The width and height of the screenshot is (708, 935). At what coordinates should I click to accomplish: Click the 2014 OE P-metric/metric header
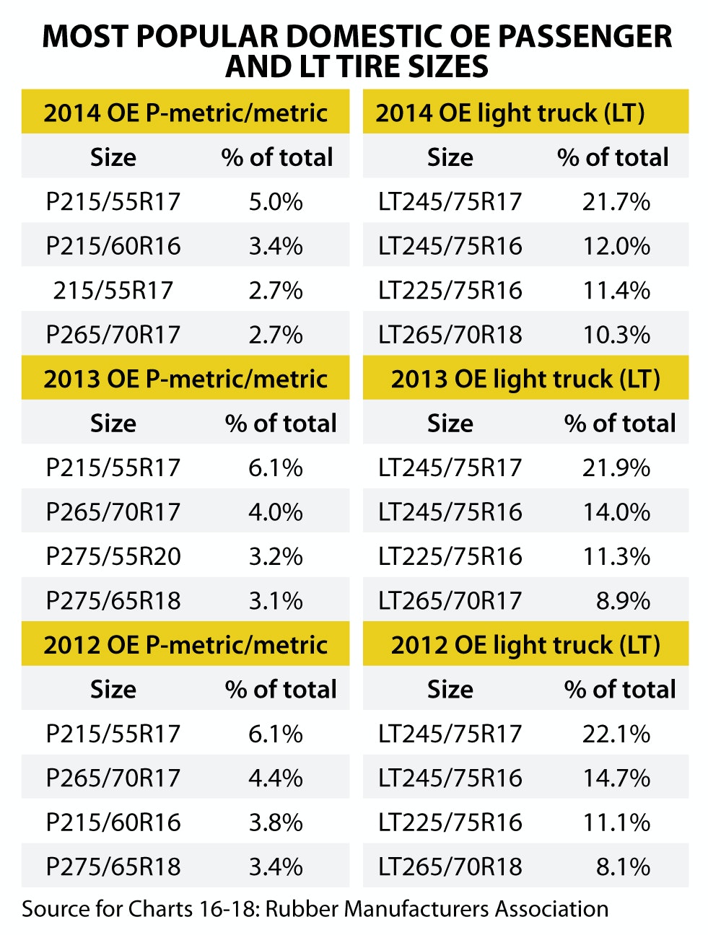tap(185, 113)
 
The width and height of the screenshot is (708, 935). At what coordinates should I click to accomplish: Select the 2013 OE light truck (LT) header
tap(525, 379)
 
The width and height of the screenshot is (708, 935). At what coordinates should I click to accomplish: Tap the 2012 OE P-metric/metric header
tap(185, 645)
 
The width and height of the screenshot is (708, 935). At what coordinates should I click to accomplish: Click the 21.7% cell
tap(616, 202)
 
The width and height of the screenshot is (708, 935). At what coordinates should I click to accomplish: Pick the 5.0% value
tap(276, 202)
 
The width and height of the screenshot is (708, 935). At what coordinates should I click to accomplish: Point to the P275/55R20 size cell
tap(113, 557)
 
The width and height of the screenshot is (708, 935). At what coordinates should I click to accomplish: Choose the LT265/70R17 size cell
tap(450, 601)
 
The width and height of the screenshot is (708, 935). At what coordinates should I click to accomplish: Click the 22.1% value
tap(616, 734)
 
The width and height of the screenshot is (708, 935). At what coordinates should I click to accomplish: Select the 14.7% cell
tap(616, 778)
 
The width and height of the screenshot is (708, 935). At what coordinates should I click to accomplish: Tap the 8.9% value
tap(623, 601)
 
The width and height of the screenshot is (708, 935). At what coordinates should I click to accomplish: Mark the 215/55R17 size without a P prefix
tap(113, 291)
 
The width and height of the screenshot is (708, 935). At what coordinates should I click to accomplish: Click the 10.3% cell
tap(616, 335)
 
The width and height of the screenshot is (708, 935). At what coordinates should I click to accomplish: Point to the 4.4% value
tap(276, 778)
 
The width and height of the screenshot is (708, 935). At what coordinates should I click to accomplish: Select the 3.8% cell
tap(276, 822)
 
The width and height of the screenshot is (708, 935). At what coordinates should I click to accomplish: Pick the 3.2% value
tap(276, 557)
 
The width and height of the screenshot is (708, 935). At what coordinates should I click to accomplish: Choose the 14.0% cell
tap(616, 512)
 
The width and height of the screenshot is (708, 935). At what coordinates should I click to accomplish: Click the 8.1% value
tap(623, 866)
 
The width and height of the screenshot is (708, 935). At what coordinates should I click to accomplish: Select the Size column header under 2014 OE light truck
tap(450, 157)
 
